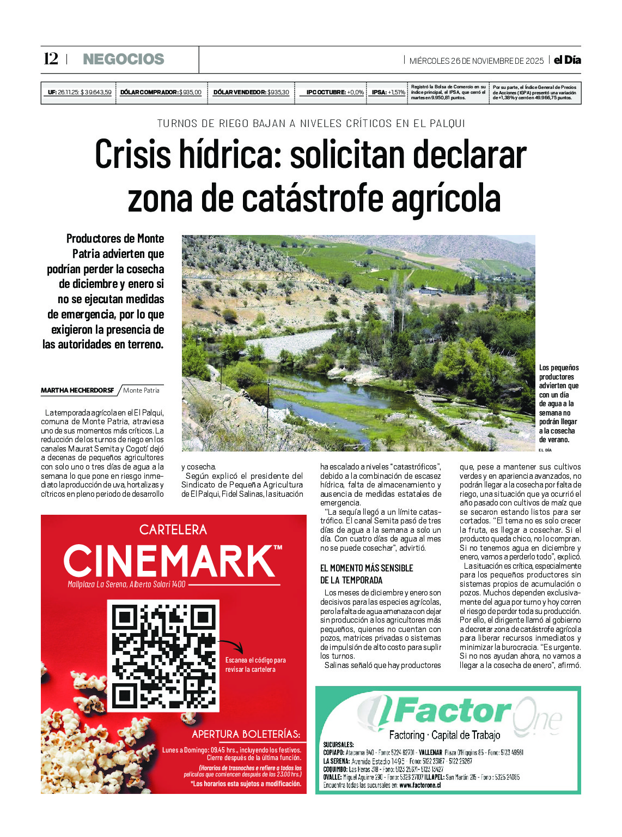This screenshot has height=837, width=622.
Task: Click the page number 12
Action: [x=51, y=59]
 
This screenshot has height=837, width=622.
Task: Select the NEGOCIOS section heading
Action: [x=123, y=59]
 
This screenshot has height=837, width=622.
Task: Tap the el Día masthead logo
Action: [x=567, y=60]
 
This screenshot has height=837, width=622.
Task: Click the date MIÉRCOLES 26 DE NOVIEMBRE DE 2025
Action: [x=476, y=61]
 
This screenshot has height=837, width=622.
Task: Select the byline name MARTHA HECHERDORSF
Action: [x=77, y=390]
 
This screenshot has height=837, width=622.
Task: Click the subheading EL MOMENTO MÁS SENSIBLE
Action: [x=366, y=568]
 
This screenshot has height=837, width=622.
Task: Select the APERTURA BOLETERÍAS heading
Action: [x=246, y=734]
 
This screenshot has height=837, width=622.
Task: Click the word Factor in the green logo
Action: [x=451, y=711]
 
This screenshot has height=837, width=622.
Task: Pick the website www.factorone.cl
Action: [x=419, y=785]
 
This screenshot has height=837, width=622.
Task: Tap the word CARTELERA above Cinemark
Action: [x=173, y=529]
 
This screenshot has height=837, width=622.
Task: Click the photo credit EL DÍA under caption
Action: [x=545, y=450]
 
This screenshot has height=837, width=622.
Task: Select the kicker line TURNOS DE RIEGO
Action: [x=311, y=124]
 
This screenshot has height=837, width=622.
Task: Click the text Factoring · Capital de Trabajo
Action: [x=444, y=735]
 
